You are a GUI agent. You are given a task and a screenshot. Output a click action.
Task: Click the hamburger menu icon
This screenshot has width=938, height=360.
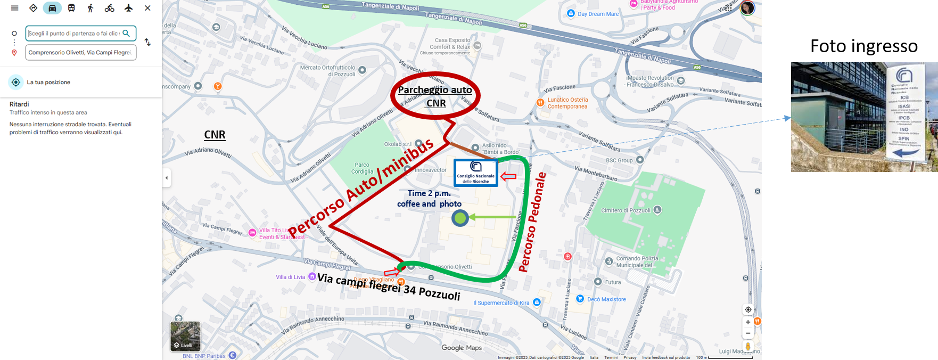pyautogui.click(x=14, y=8)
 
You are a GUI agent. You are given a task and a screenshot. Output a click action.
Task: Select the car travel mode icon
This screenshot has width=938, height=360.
pyautogui.click(x=52, y=8)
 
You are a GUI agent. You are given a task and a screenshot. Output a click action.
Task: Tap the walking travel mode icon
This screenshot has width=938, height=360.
pyautogui.click(x=90, y=8)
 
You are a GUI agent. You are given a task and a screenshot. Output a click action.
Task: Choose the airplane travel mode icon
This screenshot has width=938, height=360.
pyautogui.click(x=128, y=8)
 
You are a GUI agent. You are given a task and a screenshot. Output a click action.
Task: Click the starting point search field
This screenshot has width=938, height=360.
pyautogui.click(x=75, y=33)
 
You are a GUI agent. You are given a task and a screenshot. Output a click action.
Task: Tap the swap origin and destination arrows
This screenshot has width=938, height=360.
pyautogui.click(x=147, y=42)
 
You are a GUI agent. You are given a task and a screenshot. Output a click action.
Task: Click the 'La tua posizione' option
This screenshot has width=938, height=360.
pyautogui.click(x=48, y=82)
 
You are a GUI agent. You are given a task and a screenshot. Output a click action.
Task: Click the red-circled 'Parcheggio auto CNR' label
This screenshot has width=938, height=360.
pyautogui.click(x=435, y=96)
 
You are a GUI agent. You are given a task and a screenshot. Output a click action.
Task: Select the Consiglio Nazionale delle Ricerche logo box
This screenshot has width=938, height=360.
pyautogui.click(x=475, y=173)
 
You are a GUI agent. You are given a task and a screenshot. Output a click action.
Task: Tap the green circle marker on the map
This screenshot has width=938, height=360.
pyautogui.click(x=460, y=218)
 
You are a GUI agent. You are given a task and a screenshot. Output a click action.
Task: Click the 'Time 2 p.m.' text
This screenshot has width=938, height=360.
pyautogui.click(x=429, y=193)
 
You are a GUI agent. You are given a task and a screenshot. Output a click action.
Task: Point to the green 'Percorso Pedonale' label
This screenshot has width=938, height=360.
pyautogui.click(x=532, y=222)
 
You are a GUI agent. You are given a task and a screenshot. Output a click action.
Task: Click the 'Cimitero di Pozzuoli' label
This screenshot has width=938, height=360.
pyautogui.click(x=626, y=210)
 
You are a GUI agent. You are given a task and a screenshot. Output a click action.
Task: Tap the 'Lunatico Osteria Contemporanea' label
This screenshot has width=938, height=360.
pyautogui.click(x=567, y=103)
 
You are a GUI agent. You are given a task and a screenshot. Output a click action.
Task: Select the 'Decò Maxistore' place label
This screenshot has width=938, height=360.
pyautogui.click(x=606, y=299)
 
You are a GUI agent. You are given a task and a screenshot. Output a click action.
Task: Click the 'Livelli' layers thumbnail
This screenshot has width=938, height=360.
pyautogui.click(x=185, y=336)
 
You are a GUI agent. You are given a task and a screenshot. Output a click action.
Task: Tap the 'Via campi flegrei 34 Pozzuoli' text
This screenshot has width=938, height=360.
pyautogui.click(x=389, y=286)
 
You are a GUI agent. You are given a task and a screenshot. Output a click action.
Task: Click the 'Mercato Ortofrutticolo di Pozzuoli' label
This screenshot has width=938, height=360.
pyautogui.click(x=327, y=71)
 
